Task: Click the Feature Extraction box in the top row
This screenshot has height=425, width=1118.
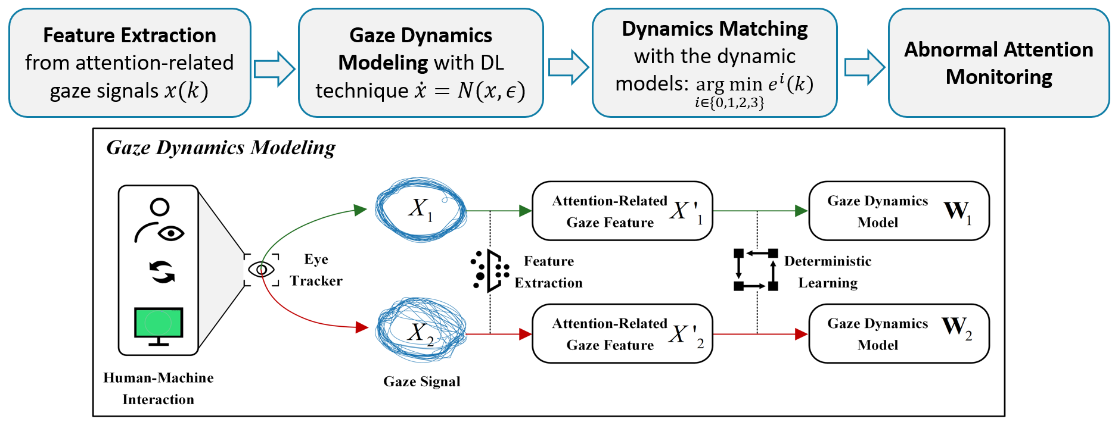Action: point(129,62)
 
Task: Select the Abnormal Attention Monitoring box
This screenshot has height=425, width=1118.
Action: point(998,62)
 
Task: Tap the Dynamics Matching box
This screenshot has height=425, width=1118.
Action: point(714,62)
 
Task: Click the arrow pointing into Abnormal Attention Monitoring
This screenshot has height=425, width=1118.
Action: point(864,67)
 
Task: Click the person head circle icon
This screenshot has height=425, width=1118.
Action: point(160,207)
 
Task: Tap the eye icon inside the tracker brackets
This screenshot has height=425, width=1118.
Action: point(261,270)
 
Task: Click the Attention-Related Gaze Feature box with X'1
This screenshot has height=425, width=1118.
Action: point(622,211)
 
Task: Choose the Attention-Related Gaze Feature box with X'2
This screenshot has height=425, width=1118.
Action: point(622,334)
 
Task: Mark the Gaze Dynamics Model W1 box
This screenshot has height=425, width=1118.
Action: point(899,211)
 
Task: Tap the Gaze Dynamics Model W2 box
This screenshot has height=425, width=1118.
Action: point(899,334)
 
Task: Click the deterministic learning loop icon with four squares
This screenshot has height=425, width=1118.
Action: point(756,270)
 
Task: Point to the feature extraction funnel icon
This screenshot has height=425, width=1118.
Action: point(490,271)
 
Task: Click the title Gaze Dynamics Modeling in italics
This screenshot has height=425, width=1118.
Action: point(221,148)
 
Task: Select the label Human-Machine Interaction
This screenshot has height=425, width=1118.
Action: point(159,388)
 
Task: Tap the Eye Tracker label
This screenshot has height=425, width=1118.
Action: point(316,270)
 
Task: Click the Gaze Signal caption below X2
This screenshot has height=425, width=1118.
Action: point(421,382)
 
